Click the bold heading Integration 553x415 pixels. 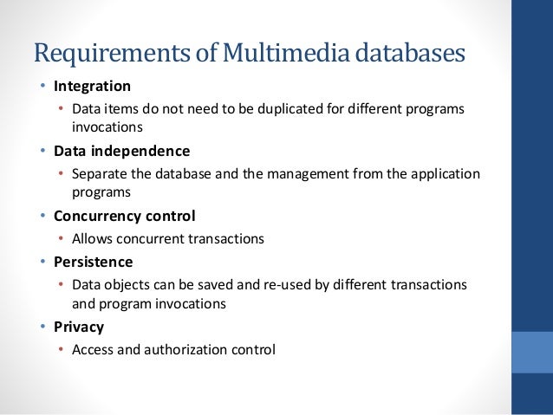tap(92, 87)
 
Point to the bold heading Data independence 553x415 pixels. tap(121, 151)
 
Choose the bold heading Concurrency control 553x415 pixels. tap(124, 215)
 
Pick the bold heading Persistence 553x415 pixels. tap(93, 261)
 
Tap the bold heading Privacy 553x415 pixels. tap(79, 327)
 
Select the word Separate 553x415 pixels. tap(101, 173)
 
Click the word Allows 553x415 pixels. tap(93, 237)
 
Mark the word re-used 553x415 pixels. tap(270, 284)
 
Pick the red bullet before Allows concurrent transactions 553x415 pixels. tap(61, 238)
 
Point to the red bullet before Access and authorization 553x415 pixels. tap(61, 350)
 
